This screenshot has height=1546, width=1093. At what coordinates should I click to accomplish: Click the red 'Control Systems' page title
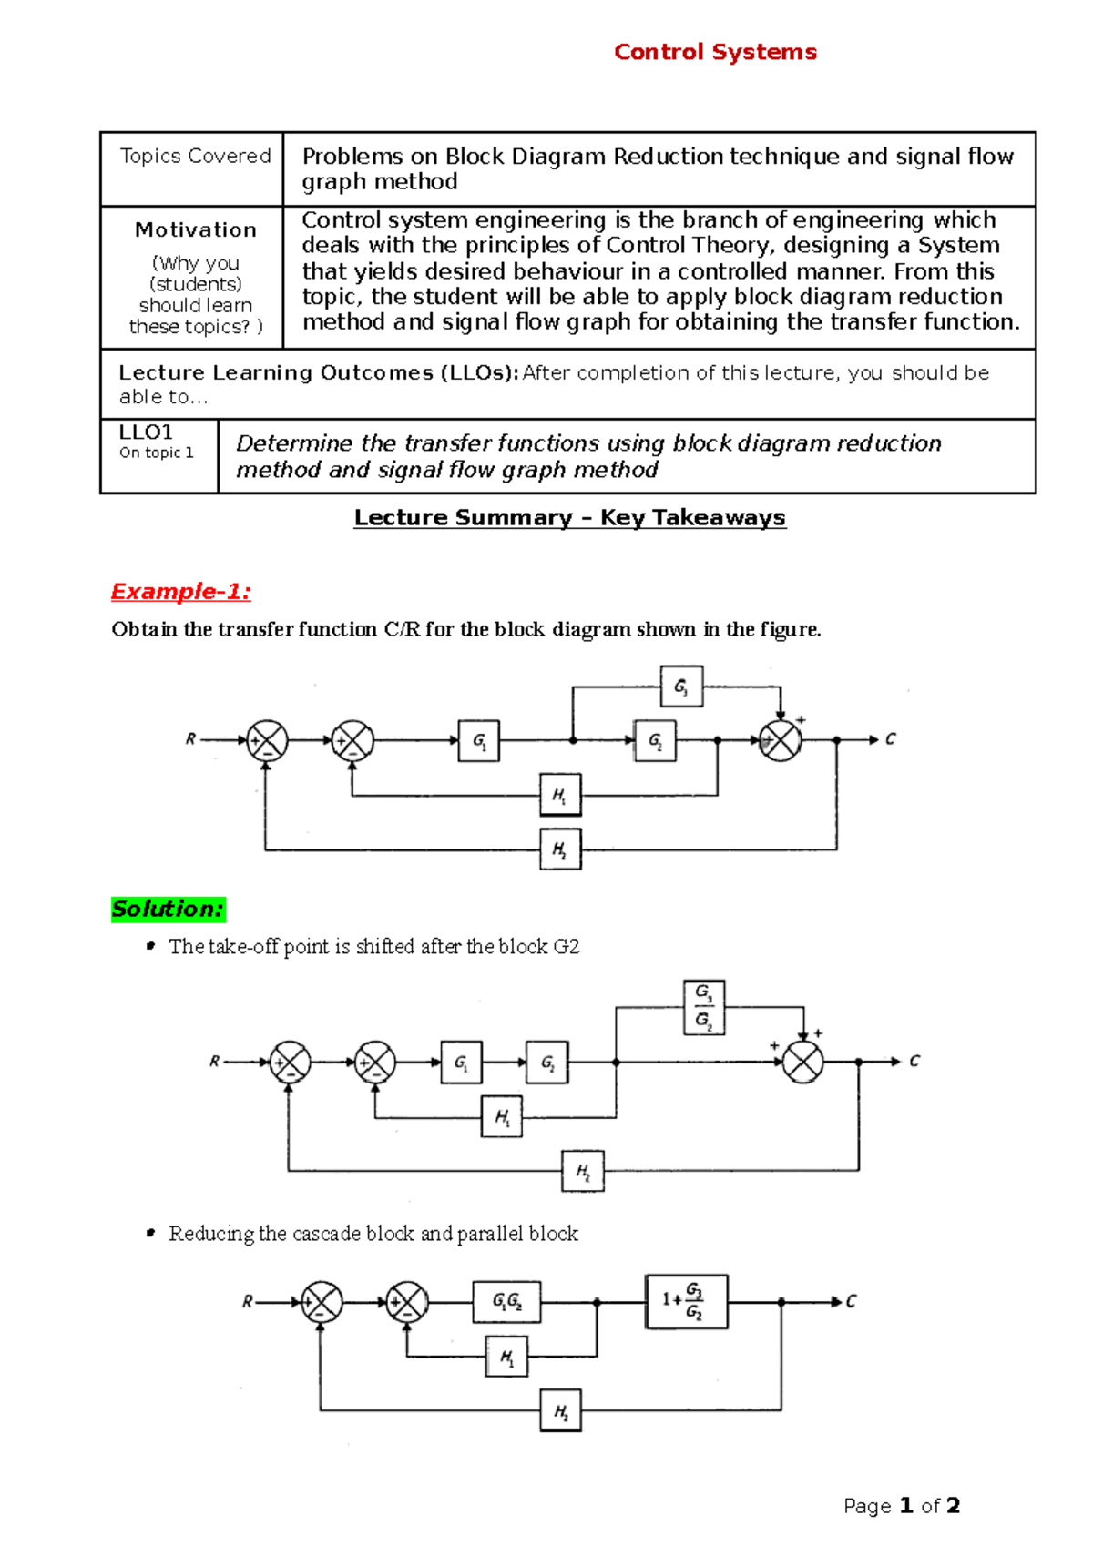point(715,52)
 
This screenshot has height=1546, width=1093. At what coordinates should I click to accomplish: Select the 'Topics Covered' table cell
point(195,157)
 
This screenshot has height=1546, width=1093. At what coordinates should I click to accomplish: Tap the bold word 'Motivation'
point(195,230)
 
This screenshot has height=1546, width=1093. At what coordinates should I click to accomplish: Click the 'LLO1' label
point(146,432)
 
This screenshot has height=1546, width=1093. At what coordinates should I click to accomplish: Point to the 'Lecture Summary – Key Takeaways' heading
point(569,518)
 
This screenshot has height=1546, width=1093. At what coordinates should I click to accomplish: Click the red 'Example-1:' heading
point(180,592)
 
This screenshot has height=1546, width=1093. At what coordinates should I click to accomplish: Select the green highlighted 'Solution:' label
point(168,909)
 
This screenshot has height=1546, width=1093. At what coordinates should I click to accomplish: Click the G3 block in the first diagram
point(681,687)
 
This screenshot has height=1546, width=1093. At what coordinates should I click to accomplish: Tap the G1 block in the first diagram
point(478,741)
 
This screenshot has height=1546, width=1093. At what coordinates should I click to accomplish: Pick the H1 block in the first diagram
point(560,796)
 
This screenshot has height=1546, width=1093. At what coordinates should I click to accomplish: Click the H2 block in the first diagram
point(560,849)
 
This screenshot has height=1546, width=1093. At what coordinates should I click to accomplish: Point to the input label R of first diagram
point(190,739)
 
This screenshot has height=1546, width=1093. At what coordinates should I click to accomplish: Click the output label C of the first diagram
point(890,739)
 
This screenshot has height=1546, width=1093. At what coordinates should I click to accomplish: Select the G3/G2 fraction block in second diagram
point(704,1007)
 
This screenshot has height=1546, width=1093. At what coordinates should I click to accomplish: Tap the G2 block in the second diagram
point(547,1063)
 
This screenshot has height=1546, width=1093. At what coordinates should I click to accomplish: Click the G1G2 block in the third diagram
point(506,1302)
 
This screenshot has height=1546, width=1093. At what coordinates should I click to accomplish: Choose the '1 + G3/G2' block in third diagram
point(686,1301)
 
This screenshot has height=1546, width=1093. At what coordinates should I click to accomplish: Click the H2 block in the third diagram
point(560,1412)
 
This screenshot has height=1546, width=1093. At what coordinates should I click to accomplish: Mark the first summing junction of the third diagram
point(322,1302)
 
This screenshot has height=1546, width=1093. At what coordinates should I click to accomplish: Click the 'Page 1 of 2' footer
point(902,1506)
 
